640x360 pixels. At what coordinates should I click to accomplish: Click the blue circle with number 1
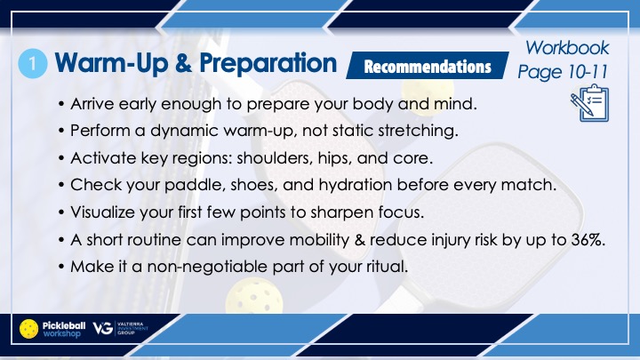33,64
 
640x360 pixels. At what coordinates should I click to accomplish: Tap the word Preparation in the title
268,64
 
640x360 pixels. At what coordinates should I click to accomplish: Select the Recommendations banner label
428,66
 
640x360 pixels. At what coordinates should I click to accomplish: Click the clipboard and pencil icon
590,103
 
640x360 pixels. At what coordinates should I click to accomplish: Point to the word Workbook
567,48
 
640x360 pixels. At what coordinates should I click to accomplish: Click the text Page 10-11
564,72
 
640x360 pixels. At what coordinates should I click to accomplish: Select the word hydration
355,185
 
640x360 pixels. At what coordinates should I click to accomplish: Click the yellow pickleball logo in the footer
29,329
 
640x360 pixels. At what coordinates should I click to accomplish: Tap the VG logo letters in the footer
103,328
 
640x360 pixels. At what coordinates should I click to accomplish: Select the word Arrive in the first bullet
92,104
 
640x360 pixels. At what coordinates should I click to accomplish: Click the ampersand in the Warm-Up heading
184,64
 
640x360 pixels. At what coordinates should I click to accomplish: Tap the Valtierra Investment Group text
132,328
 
